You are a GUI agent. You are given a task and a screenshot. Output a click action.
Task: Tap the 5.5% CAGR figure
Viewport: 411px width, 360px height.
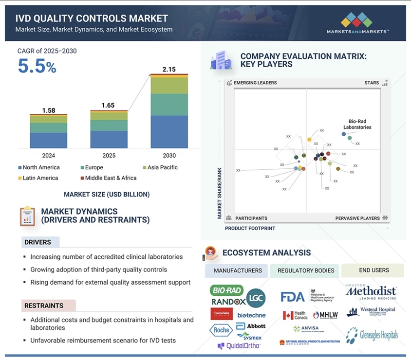37,66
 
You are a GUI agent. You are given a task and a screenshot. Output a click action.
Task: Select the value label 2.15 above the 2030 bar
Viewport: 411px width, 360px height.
169,70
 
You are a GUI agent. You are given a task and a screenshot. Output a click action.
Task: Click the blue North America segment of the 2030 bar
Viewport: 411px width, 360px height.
169,131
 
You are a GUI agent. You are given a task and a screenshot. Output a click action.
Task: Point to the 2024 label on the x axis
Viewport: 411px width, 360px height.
48,156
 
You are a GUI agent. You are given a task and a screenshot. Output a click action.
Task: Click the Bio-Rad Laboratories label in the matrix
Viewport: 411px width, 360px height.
360,124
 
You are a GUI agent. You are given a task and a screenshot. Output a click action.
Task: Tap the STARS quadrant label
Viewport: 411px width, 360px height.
372,83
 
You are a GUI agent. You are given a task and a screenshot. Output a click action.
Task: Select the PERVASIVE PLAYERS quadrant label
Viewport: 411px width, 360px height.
357,218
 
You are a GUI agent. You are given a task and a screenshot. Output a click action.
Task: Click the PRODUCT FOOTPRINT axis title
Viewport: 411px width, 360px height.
250,228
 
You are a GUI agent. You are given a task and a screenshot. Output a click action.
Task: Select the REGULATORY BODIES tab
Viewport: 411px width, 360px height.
306,270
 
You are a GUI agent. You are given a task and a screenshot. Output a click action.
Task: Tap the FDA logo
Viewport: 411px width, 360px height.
293,297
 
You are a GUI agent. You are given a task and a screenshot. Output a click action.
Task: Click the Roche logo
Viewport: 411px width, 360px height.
222,330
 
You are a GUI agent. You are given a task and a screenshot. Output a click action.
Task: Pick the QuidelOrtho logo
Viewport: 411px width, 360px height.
239,346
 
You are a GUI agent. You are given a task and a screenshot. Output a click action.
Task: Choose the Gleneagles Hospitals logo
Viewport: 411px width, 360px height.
372,335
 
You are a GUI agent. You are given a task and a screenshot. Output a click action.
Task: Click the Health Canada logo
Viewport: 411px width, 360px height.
295,315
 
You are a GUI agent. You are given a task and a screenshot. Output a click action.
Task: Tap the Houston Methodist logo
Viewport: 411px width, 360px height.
371,292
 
